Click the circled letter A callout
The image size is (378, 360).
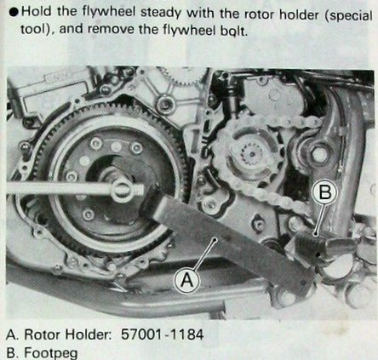(x=187, y=280)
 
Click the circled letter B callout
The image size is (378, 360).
(x=325, y=191)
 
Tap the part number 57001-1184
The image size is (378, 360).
(x=163, y=334)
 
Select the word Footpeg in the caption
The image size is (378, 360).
(x=51, y=353)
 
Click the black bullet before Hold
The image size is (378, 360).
(x=14, y=13)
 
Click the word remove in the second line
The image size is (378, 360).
(x=112, y=30)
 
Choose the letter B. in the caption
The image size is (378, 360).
(x=13, y=353)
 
